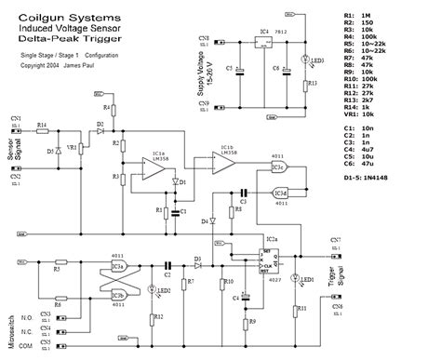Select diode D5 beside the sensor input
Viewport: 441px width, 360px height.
click(x=50, y=149)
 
